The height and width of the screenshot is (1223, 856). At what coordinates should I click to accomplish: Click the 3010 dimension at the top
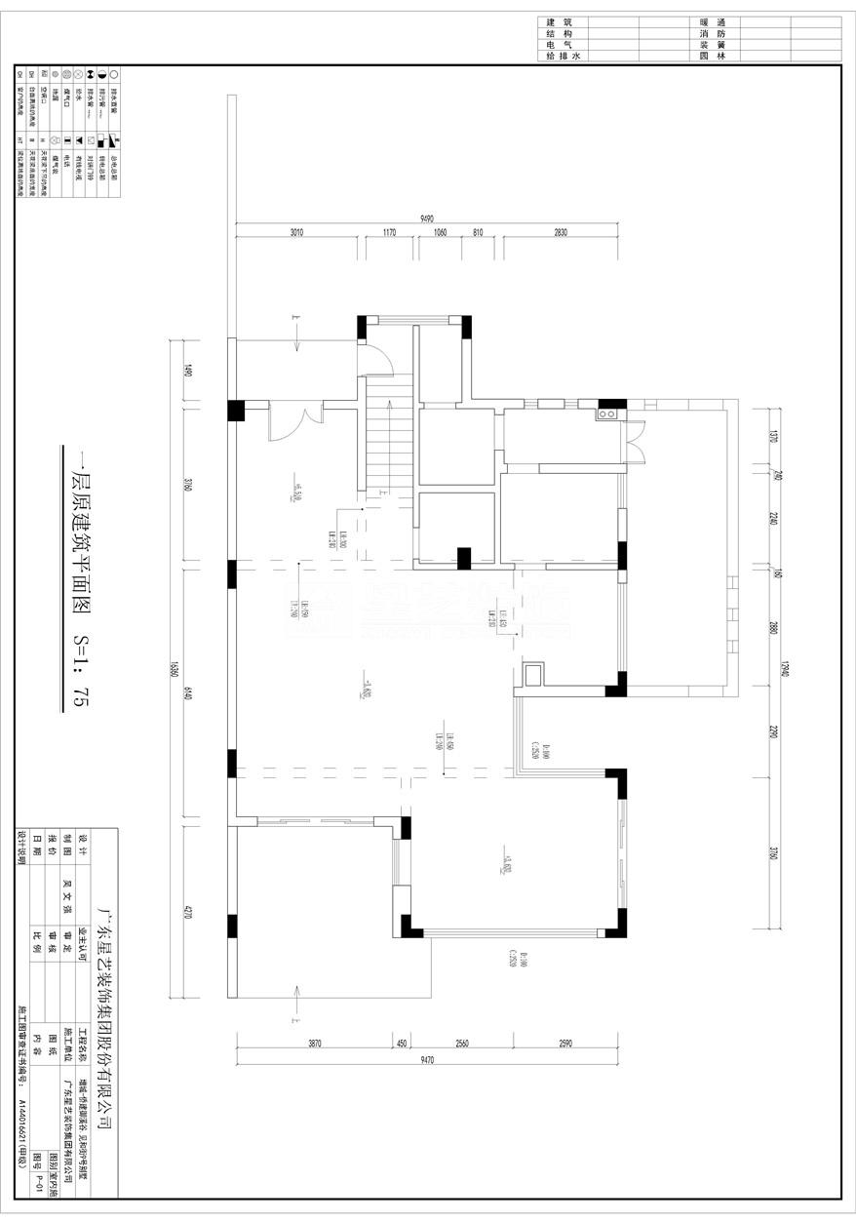(x=296, y=233)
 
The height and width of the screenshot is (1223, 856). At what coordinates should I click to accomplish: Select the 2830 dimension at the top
(x=560, y=233)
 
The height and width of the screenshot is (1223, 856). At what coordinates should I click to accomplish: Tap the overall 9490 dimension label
(x=427, y=219)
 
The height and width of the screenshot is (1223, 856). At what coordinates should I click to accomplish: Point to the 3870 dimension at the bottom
(x=314, y=1043)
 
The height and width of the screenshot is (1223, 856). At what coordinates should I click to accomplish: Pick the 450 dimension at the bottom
(x=401, y=1043)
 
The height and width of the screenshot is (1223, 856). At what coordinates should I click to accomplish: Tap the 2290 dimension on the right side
(x=771, y=731)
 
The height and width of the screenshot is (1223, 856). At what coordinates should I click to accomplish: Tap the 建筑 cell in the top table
(x=561, y=21)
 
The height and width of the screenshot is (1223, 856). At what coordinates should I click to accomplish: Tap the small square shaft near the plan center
(x=533, y=674)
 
